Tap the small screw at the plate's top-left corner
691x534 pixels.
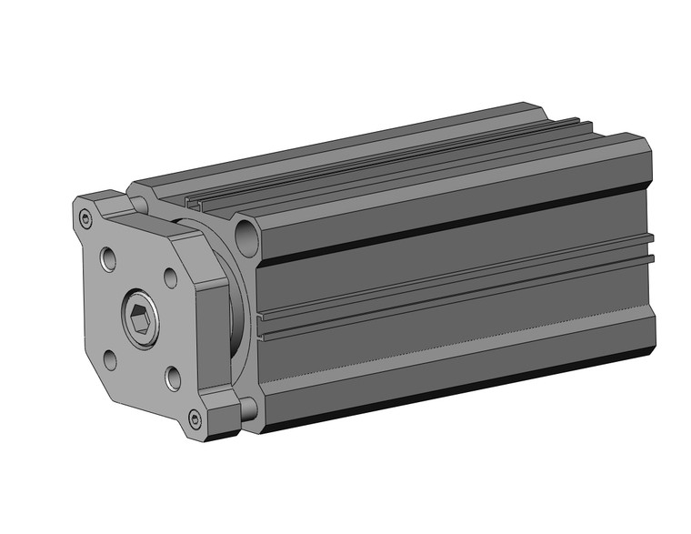(x=85, y=217)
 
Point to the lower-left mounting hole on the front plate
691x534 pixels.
(x=109, y=360)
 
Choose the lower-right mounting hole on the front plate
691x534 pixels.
(x=172, y=375)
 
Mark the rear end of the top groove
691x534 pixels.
(x=582, y=124)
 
